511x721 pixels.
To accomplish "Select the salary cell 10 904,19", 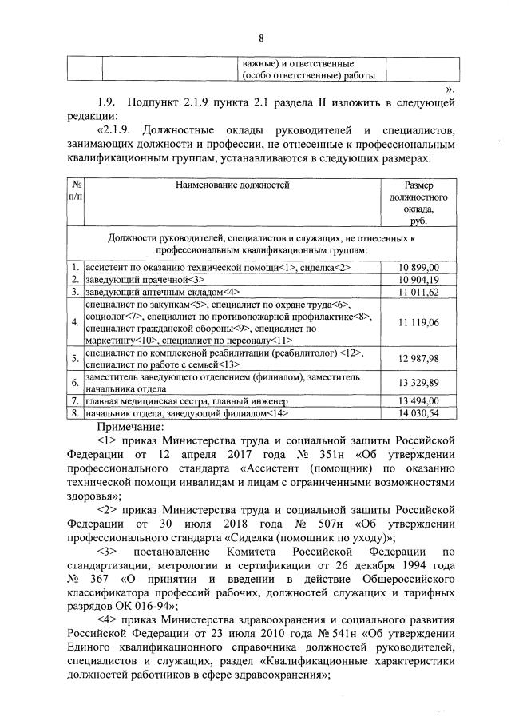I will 418,279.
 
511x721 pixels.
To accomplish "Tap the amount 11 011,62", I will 418,292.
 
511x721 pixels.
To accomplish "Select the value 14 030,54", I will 418,412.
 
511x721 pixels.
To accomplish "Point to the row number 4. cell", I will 73,322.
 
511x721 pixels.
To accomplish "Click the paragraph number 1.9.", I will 107,102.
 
